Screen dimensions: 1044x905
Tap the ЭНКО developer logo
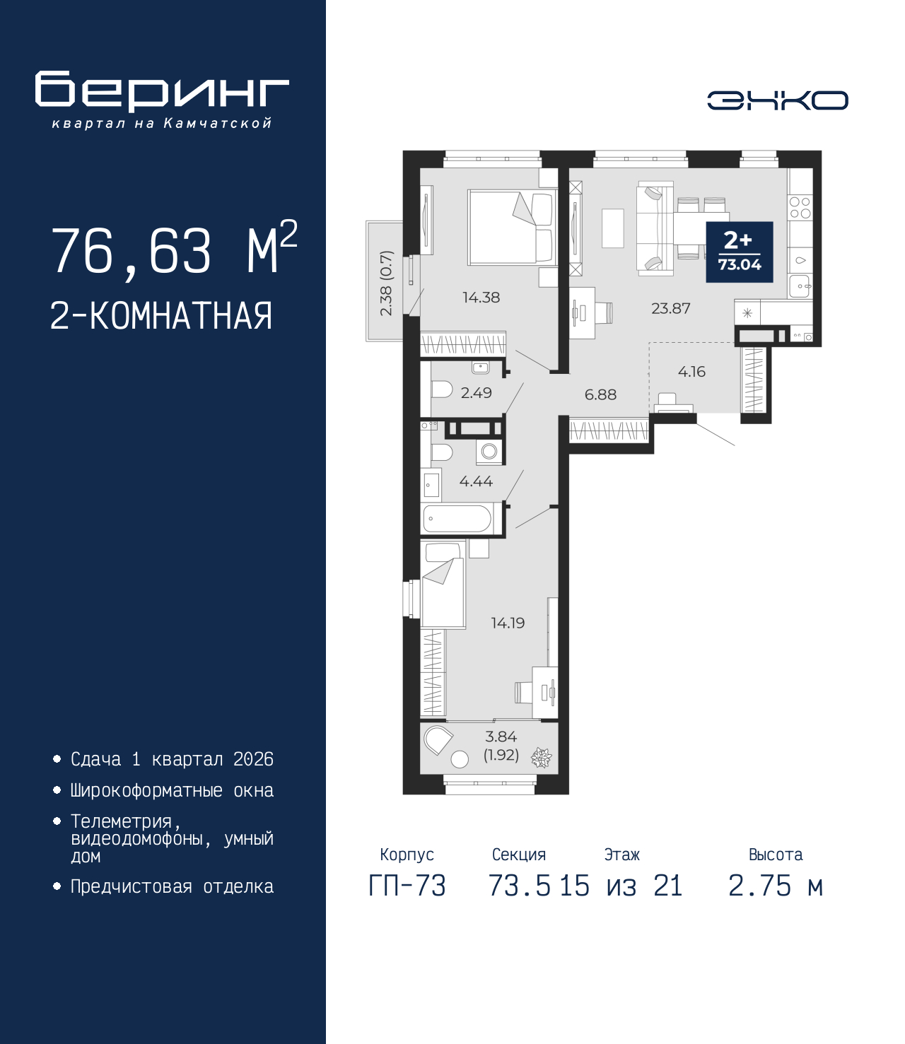[777, 100]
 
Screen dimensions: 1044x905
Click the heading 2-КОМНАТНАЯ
[161, 316]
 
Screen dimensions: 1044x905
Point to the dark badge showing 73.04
[740, 252]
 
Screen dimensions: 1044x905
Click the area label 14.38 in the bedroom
[481, 298]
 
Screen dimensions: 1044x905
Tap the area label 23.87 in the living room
[670, 308]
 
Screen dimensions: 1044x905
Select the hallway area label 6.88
[600, 394]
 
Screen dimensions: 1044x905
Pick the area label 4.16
[691, 372]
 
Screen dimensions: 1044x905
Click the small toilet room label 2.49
[476, 393]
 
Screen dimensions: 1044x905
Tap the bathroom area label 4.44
[476, 481]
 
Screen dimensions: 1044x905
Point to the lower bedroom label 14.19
[508, 623]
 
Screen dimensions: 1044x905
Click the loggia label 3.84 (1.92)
[501, 746]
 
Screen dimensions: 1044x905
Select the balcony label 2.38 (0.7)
[385, 283]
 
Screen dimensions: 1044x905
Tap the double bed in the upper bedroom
[511, 227]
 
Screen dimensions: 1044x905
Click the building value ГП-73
[407, 886]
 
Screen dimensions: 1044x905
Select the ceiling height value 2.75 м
[775, 886]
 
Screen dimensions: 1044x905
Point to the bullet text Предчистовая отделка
[172, 886]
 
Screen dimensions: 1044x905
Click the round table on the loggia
[460, 760]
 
